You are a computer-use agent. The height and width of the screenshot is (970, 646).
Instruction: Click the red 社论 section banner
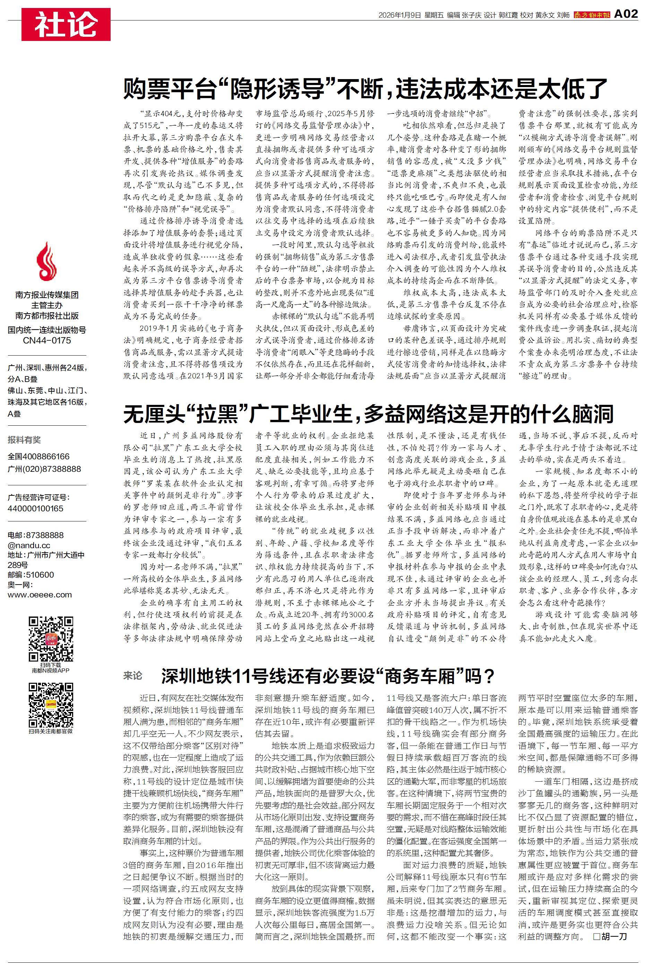(x=66, y=24)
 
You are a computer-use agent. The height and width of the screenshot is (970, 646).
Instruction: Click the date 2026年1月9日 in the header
(x=399, y=15)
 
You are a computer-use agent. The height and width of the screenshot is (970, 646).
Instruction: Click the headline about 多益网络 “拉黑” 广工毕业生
(x=368, y=414)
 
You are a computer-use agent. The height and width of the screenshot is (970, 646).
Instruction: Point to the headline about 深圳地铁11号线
(x=328, y=676)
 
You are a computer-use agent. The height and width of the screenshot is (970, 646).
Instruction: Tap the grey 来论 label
(x=133, y=676)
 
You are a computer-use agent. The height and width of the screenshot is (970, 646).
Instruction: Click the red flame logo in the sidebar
(x=46, y=262)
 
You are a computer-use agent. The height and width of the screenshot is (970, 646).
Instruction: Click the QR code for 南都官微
(x=51, y=705)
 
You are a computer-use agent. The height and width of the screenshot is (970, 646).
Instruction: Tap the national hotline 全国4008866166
(x=39, y=456)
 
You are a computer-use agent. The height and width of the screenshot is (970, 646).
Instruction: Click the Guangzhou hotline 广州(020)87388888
(x=44, y=469)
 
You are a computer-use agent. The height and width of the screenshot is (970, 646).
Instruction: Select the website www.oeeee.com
(x=40, y=595)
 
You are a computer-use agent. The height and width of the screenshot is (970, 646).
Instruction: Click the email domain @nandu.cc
(x=29, y=545)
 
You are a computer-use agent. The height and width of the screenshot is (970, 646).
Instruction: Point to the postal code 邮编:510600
(x=31, y=575)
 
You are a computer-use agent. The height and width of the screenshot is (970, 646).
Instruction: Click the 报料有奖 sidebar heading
(x=24, y=440)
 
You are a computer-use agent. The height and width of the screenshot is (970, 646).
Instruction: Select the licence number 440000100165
(x=35, y=509)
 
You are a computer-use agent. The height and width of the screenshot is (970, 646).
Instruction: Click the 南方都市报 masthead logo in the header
(x=592, y=15)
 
